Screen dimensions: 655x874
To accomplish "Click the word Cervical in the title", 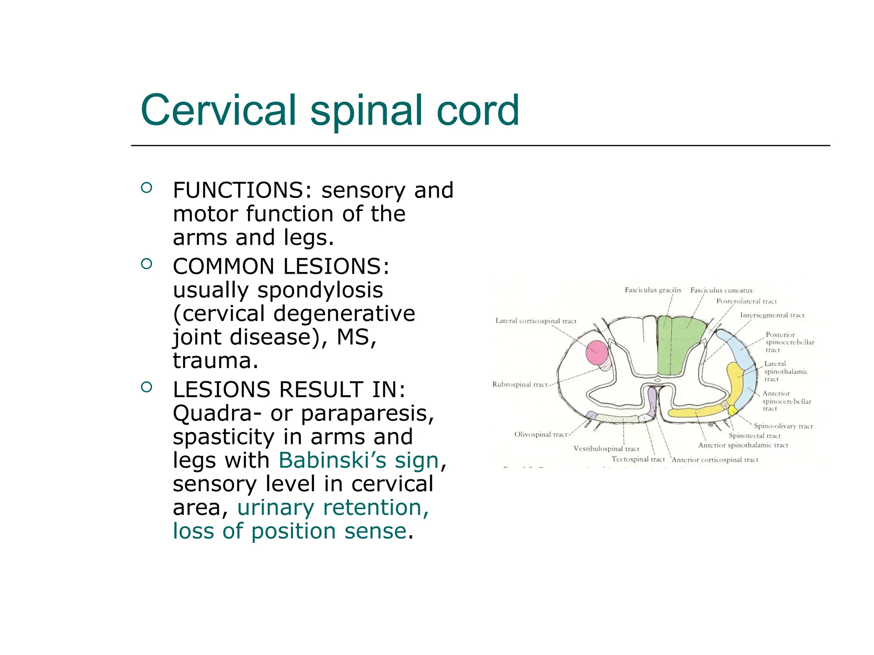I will pyautogui.click(x=218, y=110).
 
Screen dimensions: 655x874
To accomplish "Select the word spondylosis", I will pyautogui.click(x=320, y=290).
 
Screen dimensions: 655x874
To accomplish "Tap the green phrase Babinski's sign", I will pyautogui.click(x=358, y=461).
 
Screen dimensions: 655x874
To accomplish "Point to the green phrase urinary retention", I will pyautogui.click(x=333, y=507).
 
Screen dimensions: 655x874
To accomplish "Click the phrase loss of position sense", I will pyautogui.click(x=289, y=531).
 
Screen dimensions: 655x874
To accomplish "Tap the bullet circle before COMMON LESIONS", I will pyautogui.click(x=146, y=264).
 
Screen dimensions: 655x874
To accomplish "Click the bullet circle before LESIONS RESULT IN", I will pyautogui.click(x=146, y=387).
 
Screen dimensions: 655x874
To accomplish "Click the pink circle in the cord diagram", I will pyautogui.click(x=597, y=353).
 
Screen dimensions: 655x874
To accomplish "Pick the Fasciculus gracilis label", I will pyautogui.click(x=653, y=290).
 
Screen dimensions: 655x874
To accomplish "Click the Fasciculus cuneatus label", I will pyautogui.click(x=721, y=290).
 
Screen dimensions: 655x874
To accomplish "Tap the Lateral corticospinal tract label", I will pyautogui.click(x=536, y=321).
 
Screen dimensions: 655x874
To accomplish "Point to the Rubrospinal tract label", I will pyautogui.click(x=519, y=385).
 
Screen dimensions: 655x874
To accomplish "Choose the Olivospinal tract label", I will pyautogui.click(x=540, y=435).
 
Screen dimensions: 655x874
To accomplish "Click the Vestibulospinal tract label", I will pyautogui.click(x=606, y=449).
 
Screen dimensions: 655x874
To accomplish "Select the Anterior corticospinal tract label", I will pyautogui.click(x=715, y=460).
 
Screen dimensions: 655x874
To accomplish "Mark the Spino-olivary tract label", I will pyautogui.click(x=783, y=426).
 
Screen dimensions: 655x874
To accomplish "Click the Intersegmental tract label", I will pyautogui.click(x=772, y=316).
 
